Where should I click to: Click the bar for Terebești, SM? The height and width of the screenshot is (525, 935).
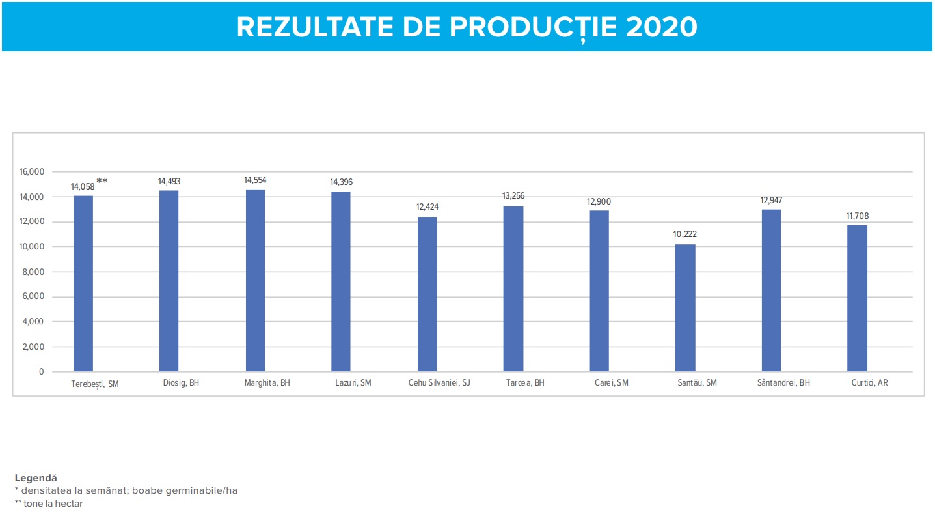coord(83,283)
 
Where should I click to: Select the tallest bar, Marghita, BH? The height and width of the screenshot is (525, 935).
coord(255,280)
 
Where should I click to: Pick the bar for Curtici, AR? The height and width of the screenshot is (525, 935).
coord(857,298)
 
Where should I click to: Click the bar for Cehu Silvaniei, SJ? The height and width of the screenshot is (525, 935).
coord(427,294)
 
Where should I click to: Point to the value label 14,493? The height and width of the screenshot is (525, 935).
coord(169,182)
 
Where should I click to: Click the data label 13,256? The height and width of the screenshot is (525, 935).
coord(513,196)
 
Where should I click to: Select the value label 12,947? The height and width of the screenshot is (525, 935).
coord(771,201)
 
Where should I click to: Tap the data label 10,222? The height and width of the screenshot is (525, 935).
coord(685,234)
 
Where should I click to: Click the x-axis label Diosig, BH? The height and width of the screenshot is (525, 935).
coord(181,383)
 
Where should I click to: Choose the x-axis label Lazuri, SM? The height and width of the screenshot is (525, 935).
coord(353,383)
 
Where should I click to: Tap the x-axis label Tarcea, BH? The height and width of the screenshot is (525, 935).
coord(525,383)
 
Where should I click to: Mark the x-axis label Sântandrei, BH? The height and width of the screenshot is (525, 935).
coord(783,383)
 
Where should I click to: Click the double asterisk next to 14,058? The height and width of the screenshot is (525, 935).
coord(102,182)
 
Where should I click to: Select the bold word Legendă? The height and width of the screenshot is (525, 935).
coord(36,478)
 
